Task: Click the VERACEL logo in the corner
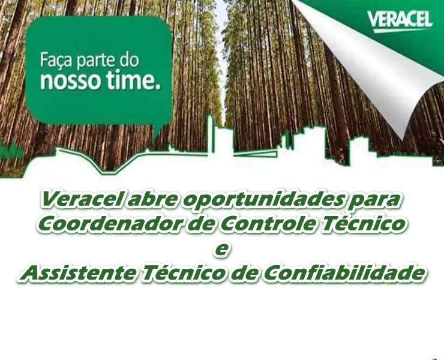point(400,21)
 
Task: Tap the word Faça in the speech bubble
point(56,61)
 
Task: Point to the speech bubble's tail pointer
point(158,133)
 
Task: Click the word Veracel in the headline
point(82,200)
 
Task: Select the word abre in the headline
point(153,200)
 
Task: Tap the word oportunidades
point(262,202)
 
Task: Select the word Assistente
point(77,274)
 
